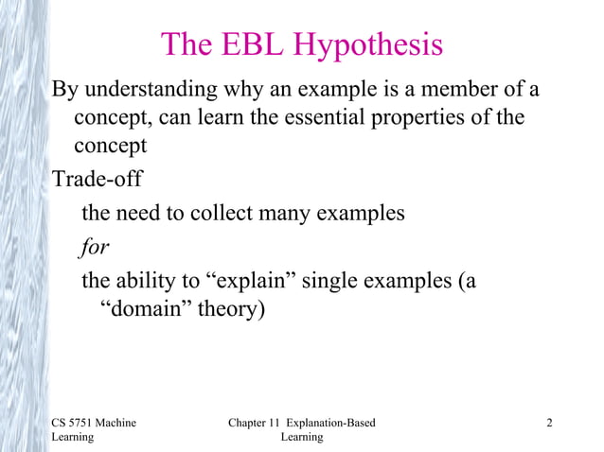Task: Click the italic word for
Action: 94,246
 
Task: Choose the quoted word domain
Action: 143,309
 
